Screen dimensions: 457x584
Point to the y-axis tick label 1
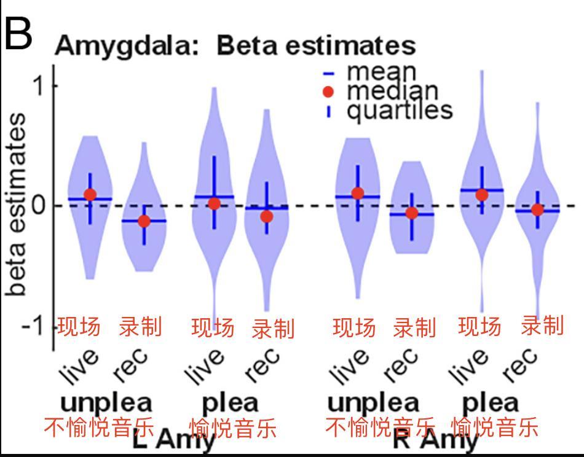pos(39,85)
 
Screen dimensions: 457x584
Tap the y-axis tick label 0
pos(39,205)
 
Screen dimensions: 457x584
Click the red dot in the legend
pos(329,92)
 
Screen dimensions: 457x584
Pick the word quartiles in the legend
pos(400,111)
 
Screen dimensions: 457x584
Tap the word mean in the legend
pos(382,72)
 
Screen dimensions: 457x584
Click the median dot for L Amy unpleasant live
pos(90,195)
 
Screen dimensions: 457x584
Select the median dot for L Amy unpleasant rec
pos(144,221)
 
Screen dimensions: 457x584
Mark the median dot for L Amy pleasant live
pos(214,203)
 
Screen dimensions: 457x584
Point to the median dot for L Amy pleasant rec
pos(266,216)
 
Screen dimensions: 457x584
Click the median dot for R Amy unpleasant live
pos(357,193)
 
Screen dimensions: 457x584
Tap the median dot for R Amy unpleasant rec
pos(411,213)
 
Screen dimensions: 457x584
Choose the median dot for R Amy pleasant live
pos(482,195)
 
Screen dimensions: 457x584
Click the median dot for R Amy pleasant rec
pos(537,209)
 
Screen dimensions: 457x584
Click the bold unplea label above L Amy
pos(106,403)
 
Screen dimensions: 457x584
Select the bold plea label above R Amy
pos(490,403)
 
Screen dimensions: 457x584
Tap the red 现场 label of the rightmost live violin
pos(479,327)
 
